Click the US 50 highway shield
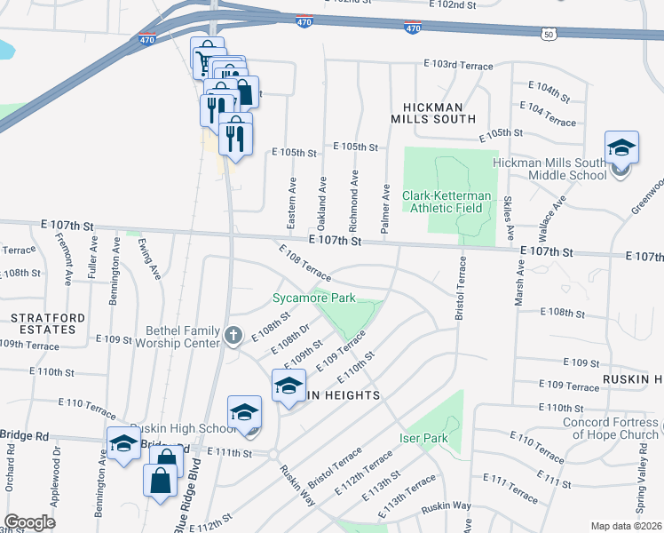pyautogui.click(x=549, y=34)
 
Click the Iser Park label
pyautogui.click(x=423, y=439)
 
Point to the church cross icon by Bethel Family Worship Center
pyautogui.click(x=233, y=335)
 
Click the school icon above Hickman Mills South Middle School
pyautogui.click(x=621, y=147)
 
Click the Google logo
pyautogui.click(x=31, y=522)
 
